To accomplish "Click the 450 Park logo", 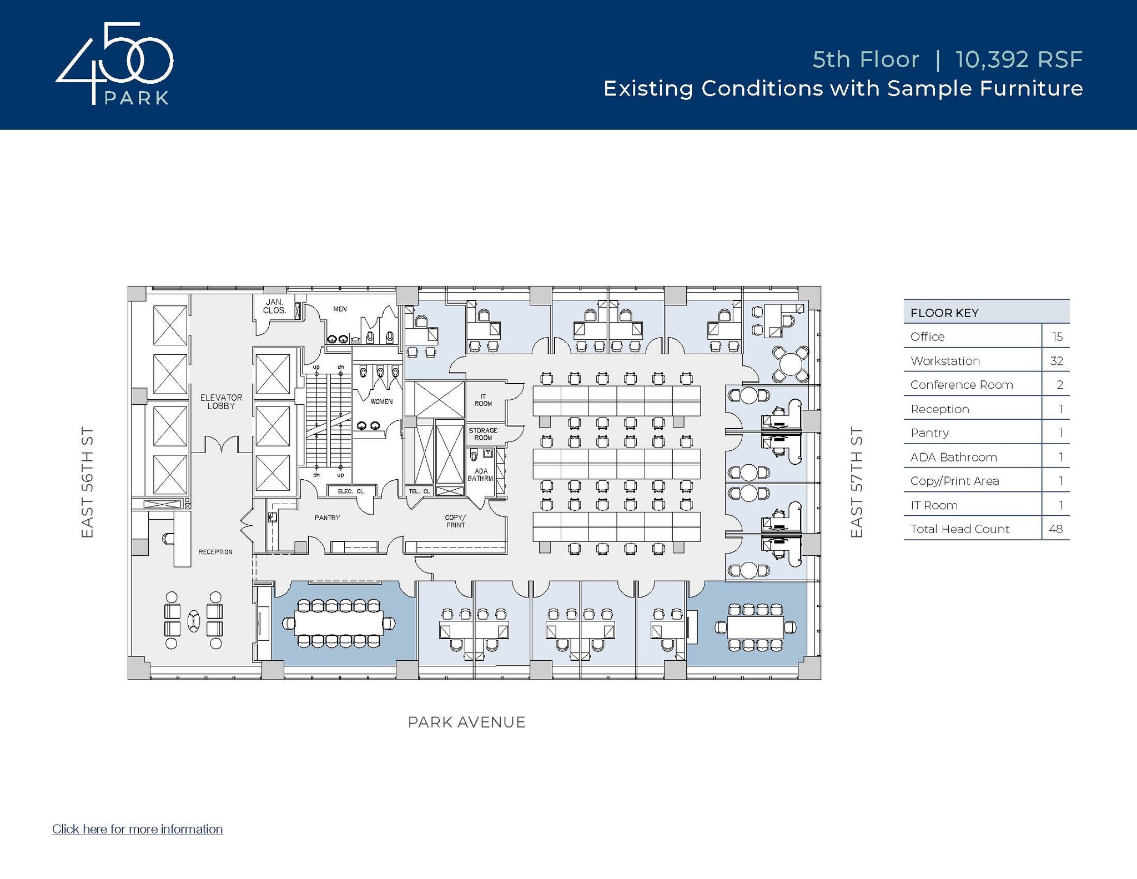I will pyautogui.click(x=114, y=64).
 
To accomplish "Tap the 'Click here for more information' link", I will pyautogui.click(x=137, y=829).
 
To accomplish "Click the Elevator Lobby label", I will pyautogui.click(x=221, y=401).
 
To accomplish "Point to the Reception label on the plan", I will pyautogui.click(x=215, y=552).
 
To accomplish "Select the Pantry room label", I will pyautogui.click(x=327, y=518).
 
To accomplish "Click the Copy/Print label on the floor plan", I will pyautogui.click(x=455, y=521).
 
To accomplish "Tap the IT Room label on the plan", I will pyautogui.click(x=482, y=400).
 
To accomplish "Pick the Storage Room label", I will pyautogui.click(x=482, y=434).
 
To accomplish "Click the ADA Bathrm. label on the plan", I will pyautogui.click(x=481, y=475).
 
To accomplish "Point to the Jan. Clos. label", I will pyautogui.click(x=274, y=307).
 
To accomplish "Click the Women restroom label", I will pyautogui.click(x=381, y=401).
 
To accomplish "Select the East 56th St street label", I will pyautogui.click(x=87, y=482).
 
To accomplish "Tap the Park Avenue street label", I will pyautogui.click(x=466, y=722).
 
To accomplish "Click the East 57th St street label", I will pyautogui.click(x=857, y=482).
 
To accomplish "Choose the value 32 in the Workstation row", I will pyautogui.click(x=1056, y=361).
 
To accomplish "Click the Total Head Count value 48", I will pyautogui.click(x=1055, y=529).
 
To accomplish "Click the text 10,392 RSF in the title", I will pyautogui.click(x=1019, y=60).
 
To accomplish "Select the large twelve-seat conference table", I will pyautogui.click(x=339, y=624).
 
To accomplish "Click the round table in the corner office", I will pyautogui.click(x=791, y=364).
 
